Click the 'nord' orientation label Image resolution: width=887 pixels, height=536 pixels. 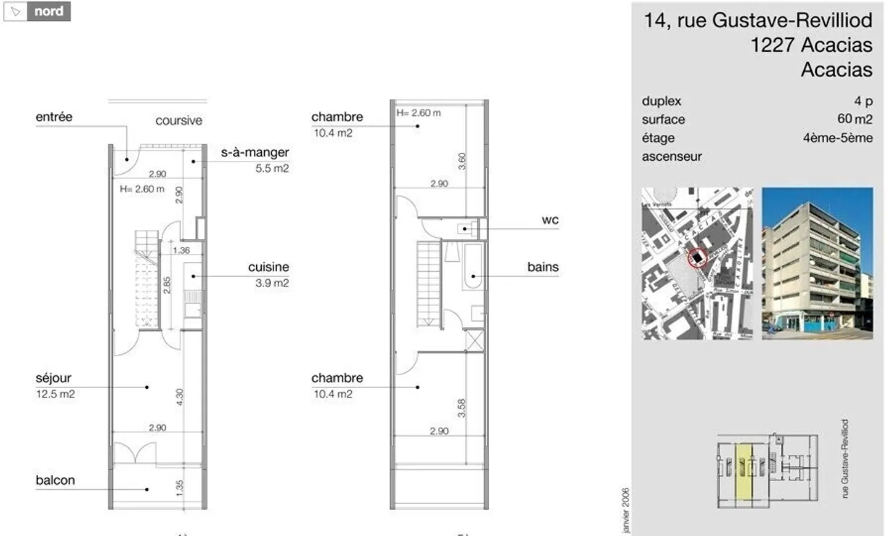[49, 12]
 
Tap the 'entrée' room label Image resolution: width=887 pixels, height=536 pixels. [54, 117]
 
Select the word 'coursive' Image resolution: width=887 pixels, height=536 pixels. [179, 121]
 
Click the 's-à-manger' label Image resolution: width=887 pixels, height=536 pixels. [255, 152]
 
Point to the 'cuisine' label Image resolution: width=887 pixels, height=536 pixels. [269, 267]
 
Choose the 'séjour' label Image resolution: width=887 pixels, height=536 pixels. [54, 378]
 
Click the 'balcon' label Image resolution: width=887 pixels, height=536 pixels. [55, 480]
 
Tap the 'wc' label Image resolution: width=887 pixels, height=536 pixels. [550, 220]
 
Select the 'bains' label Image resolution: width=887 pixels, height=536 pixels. [543, 267]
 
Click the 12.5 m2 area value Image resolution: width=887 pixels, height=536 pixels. [55, 394]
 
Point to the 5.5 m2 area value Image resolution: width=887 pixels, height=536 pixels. [272, 168]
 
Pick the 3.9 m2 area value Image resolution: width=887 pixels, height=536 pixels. [272, 283]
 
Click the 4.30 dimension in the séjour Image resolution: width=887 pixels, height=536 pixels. [179, 397]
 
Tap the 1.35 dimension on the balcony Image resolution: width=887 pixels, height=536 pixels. [179, 487]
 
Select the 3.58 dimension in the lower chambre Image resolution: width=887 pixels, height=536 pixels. [461, 408]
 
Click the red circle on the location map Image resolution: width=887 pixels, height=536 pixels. [697, 258]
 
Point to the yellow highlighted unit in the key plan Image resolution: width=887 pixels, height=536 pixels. [745, 471]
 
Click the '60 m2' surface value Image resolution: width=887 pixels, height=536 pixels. [855, 119]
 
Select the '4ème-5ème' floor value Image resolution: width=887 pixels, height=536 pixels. [838, 138]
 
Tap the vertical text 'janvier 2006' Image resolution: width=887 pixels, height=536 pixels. [626, 510]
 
